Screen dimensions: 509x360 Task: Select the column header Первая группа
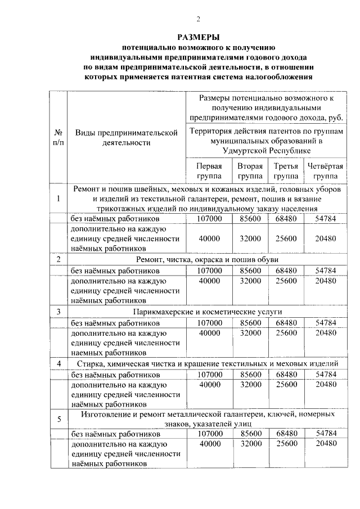click(x=209, y=171)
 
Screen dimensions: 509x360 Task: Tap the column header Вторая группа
click(x=250, y=171)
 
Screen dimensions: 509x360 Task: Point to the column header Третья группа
click(x=286, y=171)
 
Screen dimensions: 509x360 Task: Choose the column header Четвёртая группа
click(x=325, y=171)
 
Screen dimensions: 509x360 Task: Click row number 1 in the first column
click(x=58, y=199)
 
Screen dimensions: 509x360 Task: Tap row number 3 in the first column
click(x=58, y=312)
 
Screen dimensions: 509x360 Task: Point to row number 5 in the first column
click(x=58, y=418)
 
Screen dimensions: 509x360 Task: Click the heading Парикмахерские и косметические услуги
click(x=208, y=312)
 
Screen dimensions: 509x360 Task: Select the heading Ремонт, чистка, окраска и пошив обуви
click(x=208, y=259)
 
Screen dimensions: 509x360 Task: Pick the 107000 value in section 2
click(x=209, y=271)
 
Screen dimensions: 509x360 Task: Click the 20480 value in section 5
click(x=326, y=444)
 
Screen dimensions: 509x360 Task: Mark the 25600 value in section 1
click(x=286, y=238)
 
